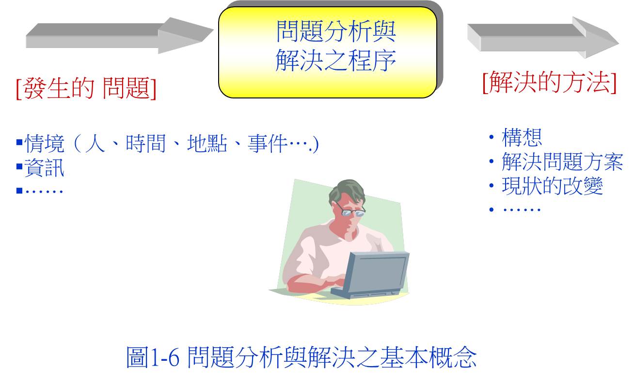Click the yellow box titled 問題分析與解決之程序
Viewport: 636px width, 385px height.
coord(327,52)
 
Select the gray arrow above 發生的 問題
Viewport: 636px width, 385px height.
coord(119,36)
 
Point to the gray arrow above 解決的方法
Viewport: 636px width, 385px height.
coord(543,38)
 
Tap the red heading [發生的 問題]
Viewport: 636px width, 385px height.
coord(86,88)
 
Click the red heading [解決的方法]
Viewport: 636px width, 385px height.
coord(550,82)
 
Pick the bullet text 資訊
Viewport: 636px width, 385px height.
coord(45,168)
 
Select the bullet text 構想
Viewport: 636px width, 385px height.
coord(522,137)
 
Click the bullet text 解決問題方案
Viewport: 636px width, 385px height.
coord(562,161)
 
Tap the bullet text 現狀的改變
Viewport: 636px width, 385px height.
coord(552,186)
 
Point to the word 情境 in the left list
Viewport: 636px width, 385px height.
coord(45,144)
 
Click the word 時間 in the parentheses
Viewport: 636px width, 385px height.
coord(145,144)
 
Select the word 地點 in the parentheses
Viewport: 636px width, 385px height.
coord(207,144)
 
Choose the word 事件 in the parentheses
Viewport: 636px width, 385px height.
coord(267,144)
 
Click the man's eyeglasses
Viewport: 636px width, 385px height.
coord(351,210)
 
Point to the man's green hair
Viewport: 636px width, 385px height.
coord(347,191)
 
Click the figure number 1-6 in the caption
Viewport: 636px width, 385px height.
coord(165,358)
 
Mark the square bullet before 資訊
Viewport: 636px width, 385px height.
coord(19,166)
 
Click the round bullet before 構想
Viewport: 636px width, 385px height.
coord(492,137)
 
